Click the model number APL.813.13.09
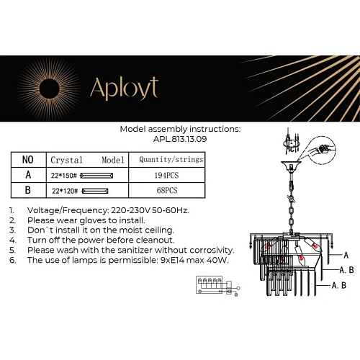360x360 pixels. [180, 140]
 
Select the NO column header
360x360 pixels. [27, 159]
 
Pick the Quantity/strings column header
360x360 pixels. [171, 159]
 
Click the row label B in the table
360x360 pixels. [27, 191]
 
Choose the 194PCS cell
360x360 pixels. [166, 175]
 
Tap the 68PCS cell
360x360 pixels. [166, 191]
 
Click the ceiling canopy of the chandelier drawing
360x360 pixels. [292, 171]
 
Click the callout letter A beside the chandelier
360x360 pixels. [346, 255]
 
